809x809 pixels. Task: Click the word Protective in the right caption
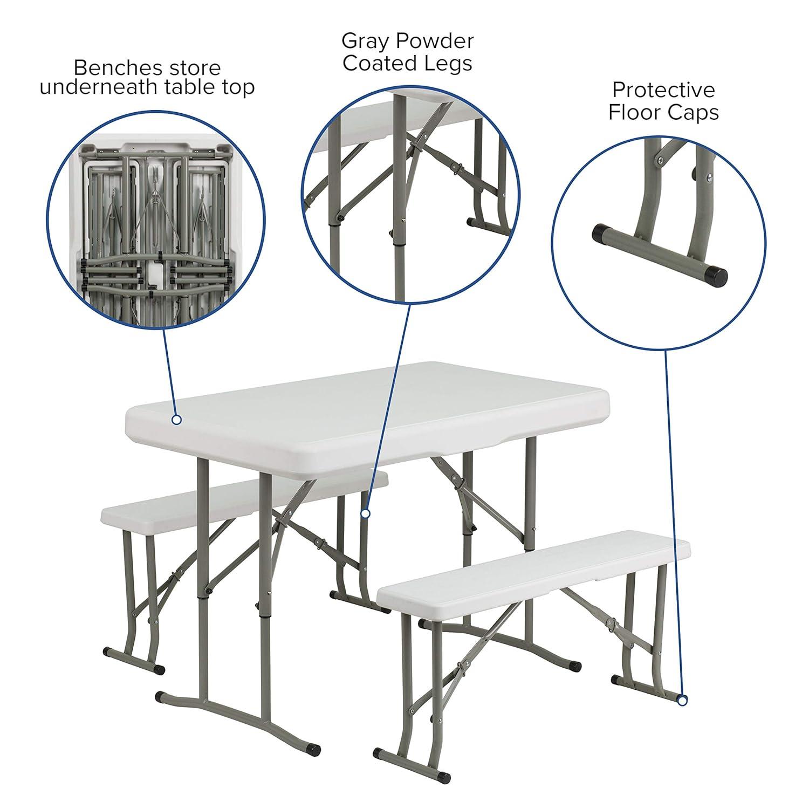pyautogui.click(x=663, y=90)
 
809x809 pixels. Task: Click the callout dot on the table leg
pyautogui.click(x=365, y=513)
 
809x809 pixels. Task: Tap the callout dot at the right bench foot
pyautogui.click(x=682, y=701)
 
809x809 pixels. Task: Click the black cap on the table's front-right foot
pyautogui.click(x=313, y=750)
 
